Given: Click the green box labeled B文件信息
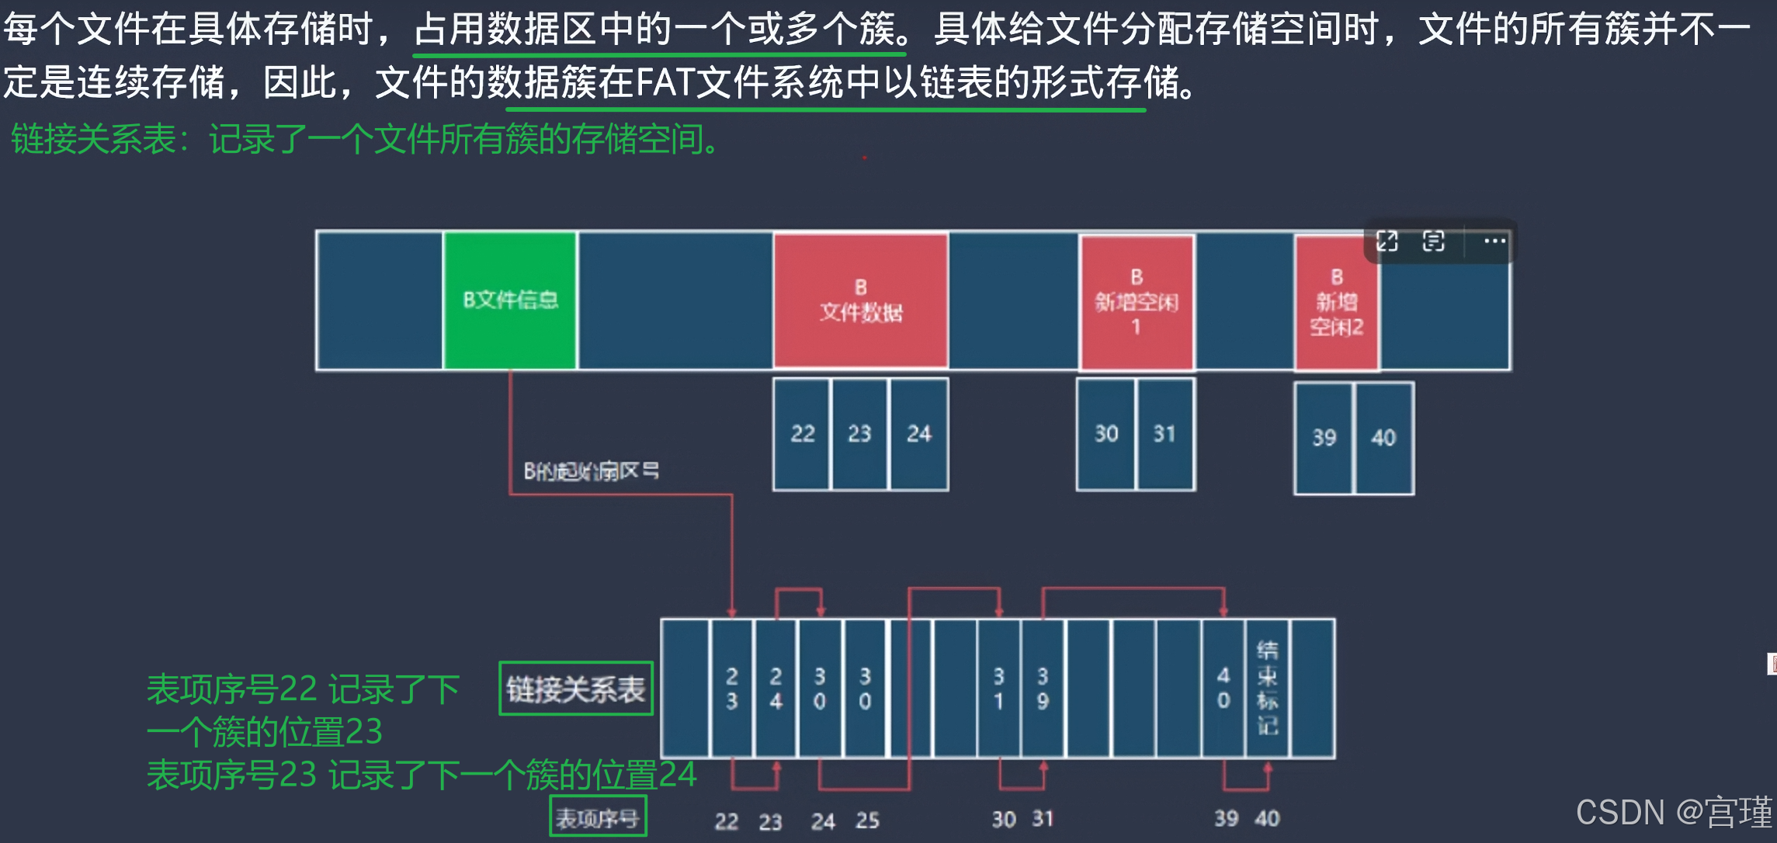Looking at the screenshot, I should point(510,300).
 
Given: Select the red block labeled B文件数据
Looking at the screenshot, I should point(860,300).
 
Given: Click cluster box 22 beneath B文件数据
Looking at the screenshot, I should point(802,434).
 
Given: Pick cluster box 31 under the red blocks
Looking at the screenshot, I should point(1164,434).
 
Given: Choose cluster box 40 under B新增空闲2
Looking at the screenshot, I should point(1383,438).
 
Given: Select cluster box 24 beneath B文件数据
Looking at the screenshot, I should point(919,434).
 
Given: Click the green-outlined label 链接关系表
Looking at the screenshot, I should point(575,689).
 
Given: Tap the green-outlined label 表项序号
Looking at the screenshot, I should point(598,817).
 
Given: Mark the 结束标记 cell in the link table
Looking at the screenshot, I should point(1267,689).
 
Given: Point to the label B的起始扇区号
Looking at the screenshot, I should point(591,471).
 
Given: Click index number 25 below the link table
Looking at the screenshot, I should point(867,820).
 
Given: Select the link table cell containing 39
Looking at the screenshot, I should point(1043,689).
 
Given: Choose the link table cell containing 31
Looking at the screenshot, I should point(998,689).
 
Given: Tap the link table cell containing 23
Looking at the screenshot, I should point(731,689).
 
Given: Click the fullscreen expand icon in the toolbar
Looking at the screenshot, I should point(1387,241).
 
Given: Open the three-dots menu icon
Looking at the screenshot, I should point(1494,241).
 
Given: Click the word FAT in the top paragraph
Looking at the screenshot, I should point(664,82).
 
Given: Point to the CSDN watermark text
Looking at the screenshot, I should point(1673,813).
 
